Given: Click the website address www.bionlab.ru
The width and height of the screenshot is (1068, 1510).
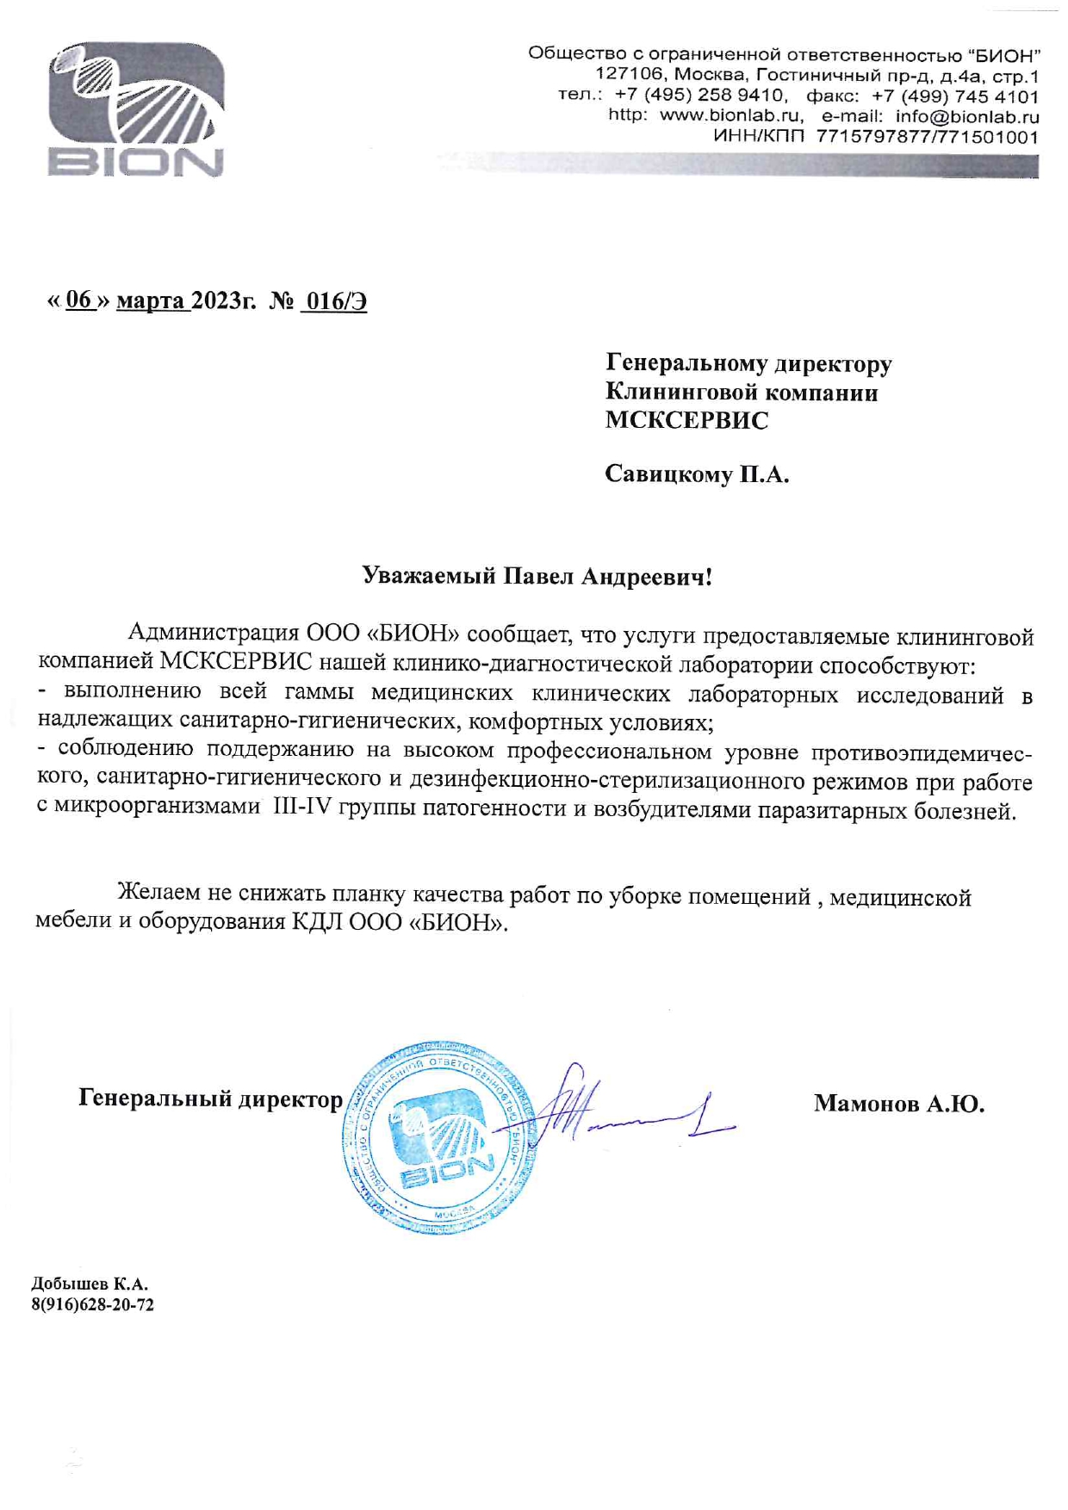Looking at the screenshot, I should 731,116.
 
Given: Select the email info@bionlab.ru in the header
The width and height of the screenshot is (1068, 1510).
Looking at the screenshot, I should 967,116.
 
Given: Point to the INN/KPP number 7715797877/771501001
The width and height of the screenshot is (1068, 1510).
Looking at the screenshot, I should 927,137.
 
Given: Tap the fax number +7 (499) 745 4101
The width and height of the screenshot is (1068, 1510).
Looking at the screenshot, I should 955,96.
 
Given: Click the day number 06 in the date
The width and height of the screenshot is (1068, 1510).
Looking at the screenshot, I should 78,300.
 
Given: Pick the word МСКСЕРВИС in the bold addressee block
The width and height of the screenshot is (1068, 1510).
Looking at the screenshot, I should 686,420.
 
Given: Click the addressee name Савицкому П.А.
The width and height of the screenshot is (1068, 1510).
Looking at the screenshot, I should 697,473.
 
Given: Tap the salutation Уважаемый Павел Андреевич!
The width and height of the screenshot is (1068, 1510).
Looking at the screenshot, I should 537,576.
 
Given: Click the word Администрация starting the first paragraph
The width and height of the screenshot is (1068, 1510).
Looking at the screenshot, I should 213,635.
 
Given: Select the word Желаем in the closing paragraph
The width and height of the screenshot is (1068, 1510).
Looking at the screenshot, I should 159,895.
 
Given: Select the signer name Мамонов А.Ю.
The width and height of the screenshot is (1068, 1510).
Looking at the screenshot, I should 898,1103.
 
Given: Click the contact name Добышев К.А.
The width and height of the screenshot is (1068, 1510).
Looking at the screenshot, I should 90,1284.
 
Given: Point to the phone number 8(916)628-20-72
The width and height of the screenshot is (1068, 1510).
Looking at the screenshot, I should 93,1304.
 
